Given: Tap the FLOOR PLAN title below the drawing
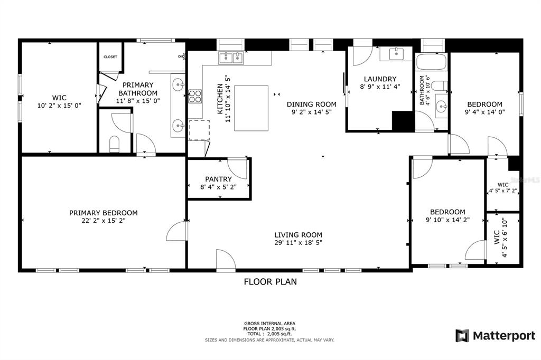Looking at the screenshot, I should click(270, 282).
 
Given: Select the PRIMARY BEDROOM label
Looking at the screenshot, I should click(104, 213).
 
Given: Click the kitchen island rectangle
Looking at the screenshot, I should click(252, 108).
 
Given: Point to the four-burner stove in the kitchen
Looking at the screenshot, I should click(195, 96).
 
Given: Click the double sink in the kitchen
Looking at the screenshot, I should click(231, 58).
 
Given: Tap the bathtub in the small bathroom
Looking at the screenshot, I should click(432, 63).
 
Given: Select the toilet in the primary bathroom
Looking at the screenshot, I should click(114, 144).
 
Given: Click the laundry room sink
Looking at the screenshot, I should click(396, 54).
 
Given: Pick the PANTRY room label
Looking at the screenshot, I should click(219, 179).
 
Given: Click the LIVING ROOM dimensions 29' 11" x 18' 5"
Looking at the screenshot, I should click(298, 243).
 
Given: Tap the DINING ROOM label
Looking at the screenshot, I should click(311, 105).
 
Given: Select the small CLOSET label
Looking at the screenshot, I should click(110, 57).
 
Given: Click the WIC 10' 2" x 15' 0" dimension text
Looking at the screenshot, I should click(59, 106).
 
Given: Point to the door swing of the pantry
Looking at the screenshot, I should click(239, 167).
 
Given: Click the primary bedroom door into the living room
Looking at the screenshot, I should click(176, 231).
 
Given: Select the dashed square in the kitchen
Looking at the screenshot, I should click(199, 130).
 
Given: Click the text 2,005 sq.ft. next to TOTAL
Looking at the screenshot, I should click(279, 334).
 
